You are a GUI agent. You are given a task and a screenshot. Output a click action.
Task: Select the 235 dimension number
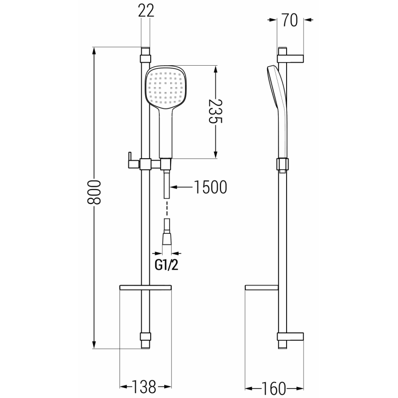[x=215, y=112]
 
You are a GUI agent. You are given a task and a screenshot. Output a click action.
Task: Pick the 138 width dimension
[x=145, y=386]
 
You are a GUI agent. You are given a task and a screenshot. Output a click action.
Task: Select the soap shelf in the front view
[x=145, y=288]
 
